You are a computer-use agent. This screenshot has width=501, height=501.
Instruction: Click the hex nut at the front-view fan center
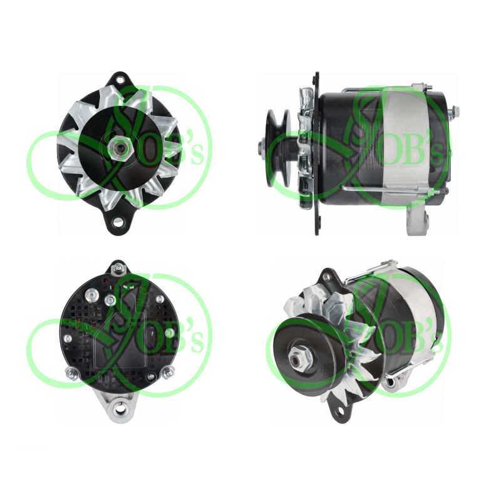coord(116,147)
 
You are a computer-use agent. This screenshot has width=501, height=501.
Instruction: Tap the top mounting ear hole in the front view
coord(120,79)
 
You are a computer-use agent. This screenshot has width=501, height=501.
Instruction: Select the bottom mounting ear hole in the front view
coord(119,221)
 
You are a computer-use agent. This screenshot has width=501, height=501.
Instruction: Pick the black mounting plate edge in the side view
coord(317,153)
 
